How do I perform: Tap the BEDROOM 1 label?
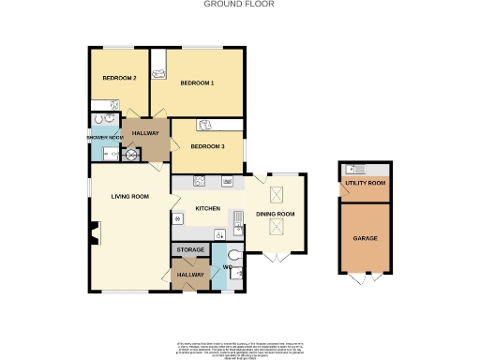(x=197, y=83)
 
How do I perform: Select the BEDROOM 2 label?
(x=120, y=78)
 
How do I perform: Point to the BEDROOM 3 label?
(x=208, y=146)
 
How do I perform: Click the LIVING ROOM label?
(x=130, y=196)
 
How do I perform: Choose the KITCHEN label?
(x=207, y=207)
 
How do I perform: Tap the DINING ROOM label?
(x=276, y=215)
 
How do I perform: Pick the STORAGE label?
(x=190, y=250)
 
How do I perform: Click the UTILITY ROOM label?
(x=365, y=183)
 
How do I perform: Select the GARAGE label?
(x=365, y=238)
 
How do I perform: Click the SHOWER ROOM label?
(x=106, y=138)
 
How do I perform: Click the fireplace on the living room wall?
(x=94, y=232)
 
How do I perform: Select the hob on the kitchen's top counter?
(x=200, y=180)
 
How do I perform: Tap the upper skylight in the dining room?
(x=277, y=194)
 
